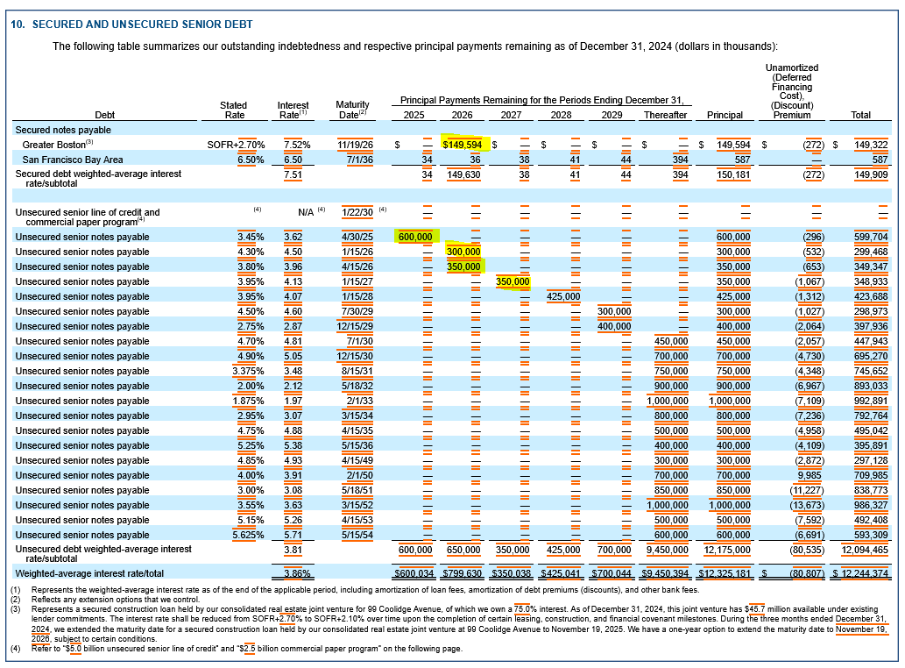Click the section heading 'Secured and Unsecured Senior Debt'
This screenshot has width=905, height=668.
coord(143,25)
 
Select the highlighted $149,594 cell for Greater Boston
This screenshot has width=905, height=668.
coord(463,145)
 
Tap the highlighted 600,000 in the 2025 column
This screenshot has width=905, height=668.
coord(415,237)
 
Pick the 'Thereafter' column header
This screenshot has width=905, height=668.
coord(666,115)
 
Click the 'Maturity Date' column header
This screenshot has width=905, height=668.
coord(352,110)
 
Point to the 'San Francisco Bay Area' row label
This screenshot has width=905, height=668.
coord(73,160)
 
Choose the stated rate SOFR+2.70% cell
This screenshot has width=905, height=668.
coord(236,145)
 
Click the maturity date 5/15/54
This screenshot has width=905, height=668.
coord(357,535)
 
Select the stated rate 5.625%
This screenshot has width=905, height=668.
coord(248,535)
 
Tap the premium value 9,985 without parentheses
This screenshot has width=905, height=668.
coord(810,475)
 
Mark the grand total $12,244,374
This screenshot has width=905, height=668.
coord(860,573)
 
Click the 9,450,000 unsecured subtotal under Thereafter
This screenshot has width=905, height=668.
coord(668,550)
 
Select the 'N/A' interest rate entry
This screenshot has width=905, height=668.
coord(306,212)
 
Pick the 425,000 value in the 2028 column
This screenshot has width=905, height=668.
coord(563,296)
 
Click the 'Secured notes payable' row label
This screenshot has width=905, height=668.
coord(63,130)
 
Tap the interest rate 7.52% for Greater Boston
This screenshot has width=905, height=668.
coord(297,145)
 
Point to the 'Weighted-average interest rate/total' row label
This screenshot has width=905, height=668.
coord(89,573)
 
